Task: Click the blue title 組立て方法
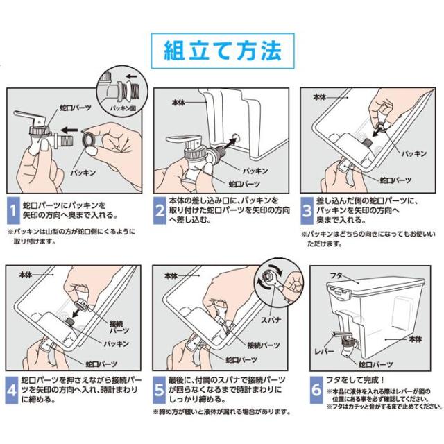point(223,51)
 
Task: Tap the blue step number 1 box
point(13,210)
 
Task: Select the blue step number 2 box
point(160,210)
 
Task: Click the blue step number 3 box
point(307,211)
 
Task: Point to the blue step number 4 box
point(12,390)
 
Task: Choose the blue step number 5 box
point(159,390)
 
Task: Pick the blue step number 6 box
point(316,390)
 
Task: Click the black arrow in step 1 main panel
point(69,130)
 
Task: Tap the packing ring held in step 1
point(89,139)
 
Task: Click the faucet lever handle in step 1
point(28,116)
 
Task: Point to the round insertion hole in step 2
point(234,139)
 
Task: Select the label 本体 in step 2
point(178,102)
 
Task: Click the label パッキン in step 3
point(414,153)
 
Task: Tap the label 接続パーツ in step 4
point(119,327)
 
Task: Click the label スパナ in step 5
point(271,320)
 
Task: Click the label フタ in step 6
point(336,275)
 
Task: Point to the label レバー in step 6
point(324,352)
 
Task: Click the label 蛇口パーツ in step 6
point(376,365)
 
